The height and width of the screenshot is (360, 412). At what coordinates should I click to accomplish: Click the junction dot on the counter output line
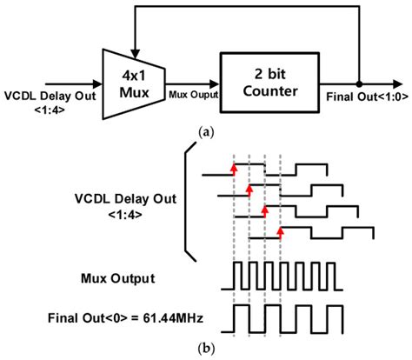coord(357,84)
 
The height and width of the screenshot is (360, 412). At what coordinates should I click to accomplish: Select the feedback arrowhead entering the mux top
coord(133,49)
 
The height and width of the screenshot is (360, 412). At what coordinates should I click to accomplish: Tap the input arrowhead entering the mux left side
coord(97,84)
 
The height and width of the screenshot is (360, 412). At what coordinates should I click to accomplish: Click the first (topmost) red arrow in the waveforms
coord(234,167)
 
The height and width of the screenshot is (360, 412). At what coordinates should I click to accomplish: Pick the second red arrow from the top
coord(249,187)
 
